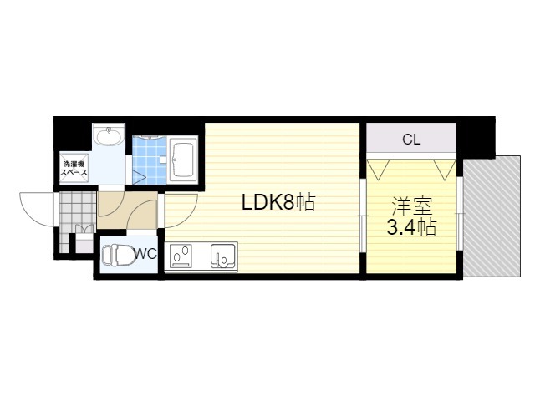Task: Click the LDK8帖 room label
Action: pyautogui.click(x=278, y=202)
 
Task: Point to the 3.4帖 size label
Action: pyautogui.click(x=410, y=227)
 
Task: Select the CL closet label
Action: pyautogui.click(x=410, y=140)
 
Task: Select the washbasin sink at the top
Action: pyautogui.click(x=109, y=137)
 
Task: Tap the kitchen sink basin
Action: pyautogui.click(x=222, y=255)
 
